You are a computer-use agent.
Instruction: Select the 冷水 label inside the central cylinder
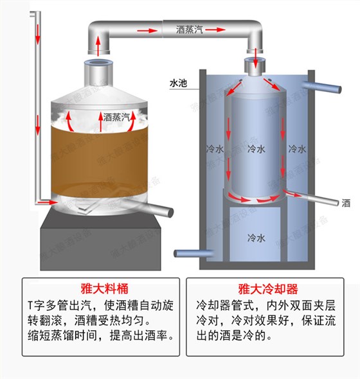[x=256, y=149]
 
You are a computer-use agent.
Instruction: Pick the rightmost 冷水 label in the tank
[x=296, y=149]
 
